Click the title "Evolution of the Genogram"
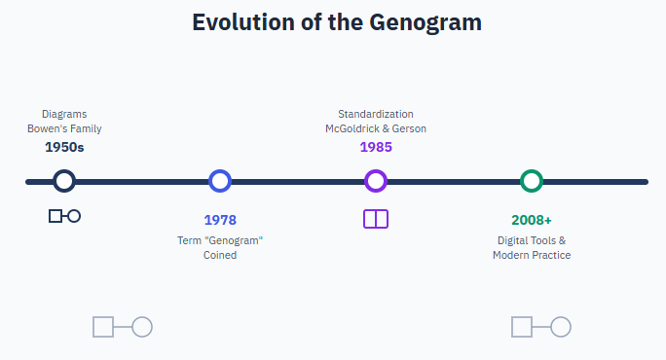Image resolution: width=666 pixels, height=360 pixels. click(337, 22)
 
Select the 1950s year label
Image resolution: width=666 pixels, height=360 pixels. click(64, 147)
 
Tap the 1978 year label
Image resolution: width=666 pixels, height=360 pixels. click(220, 220)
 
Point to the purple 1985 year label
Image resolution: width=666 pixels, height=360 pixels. click(376, 147)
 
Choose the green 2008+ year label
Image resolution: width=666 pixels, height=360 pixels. click(532, 220)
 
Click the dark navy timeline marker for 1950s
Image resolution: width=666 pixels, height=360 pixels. click(64, 181)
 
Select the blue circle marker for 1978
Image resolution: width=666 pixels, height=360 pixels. click(220, 181)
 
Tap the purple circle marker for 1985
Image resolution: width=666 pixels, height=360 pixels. click(376, 181)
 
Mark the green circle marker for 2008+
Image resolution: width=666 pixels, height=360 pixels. click(532, 181)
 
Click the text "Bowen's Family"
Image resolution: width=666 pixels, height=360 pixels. click(64, 128)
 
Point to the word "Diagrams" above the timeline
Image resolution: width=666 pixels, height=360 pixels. click(64, 114)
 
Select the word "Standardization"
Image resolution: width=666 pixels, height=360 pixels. click(376, 114)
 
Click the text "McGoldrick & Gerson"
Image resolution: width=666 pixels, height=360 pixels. click(376, 128)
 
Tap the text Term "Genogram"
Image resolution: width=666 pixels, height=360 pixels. click(220, 240)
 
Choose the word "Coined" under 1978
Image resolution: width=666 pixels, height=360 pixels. click(220, 255)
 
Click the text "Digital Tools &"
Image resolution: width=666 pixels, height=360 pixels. click(532, 240)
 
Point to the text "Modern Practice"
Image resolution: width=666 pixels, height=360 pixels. click(532, 255)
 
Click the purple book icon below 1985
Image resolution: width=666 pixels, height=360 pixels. click(376, 219)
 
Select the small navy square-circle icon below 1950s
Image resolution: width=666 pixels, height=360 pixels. click(64, 216)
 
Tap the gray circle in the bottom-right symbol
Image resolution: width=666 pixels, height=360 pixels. click(561, 327)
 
